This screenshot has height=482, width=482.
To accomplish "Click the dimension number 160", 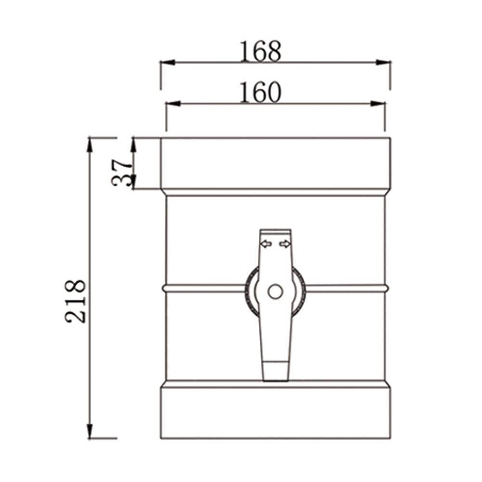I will (x=260, y=93).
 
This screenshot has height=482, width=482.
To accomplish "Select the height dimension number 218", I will (x=76, y=300).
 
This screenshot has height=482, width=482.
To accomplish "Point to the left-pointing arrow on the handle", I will (x=266, y=244).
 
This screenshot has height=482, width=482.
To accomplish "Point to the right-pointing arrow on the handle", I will (x=285, y=244).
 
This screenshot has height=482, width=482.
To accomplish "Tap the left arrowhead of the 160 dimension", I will (x=173, y=104).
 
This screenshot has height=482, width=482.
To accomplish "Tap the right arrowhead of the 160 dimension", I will (x=378, y=104).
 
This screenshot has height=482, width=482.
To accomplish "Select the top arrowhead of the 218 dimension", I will (x=89, y=144).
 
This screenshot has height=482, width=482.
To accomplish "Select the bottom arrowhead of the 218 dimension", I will (x=89, y=431).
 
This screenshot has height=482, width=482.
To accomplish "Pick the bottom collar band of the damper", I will (x=275, y=412).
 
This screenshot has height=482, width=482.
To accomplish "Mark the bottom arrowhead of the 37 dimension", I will (x=134, y=183).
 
